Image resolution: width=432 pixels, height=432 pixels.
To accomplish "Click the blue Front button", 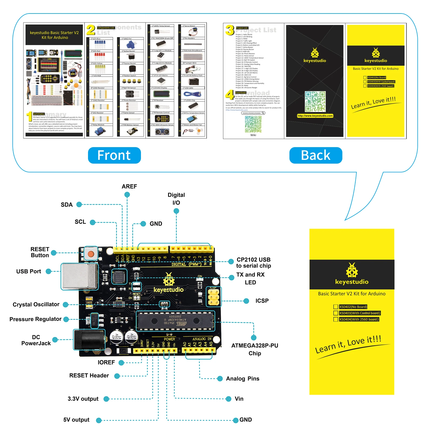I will tap(114, 155).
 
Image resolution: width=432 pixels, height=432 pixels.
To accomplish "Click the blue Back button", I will tap(315, 155).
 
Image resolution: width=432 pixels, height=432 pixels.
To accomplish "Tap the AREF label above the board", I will tap(129, 186).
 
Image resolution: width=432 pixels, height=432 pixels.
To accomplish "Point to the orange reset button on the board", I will tap(91, 254).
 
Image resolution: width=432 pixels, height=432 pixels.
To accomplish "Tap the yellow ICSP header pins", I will tap(213, 297).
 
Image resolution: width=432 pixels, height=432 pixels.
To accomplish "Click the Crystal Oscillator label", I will tap(36, 305).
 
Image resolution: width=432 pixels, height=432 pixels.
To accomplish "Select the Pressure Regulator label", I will tap(35, 319).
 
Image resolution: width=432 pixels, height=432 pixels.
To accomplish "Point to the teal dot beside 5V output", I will tap(99, 420).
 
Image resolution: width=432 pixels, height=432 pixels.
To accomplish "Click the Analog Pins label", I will tap(242, 379).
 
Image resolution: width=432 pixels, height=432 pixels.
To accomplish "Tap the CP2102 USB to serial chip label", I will tap(253, 262).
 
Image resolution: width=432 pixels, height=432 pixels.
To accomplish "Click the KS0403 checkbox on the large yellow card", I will tap(336, 313).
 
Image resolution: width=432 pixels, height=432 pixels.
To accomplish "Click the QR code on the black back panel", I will tap(315, 102).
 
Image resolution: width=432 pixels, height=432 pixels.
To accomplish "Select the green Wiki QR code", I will tap(253, 124).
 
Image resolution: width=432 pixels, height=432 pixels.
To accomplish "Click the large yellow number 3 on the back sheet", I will tap(230, 30).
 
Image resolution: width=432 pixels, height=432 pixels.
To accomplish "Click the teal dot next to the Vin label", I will tap(228, 399).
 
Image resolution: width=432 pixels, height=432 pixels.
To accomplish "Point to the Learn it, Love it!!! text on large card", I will tap(348, 345).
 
